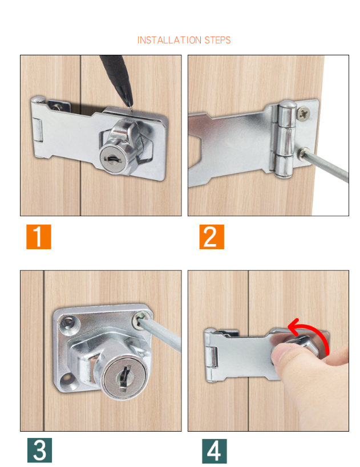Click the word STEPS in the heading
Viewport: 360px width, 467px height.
click(218, 40)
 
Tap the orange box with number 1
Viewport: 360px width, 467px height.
click(38, 237)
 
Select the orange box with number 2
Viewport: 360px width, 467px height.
click(211, 237)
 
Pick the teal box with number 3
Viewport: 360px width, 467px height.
click(39, 450)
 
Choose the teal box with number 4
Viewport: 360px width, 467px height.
click(214, 450)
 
